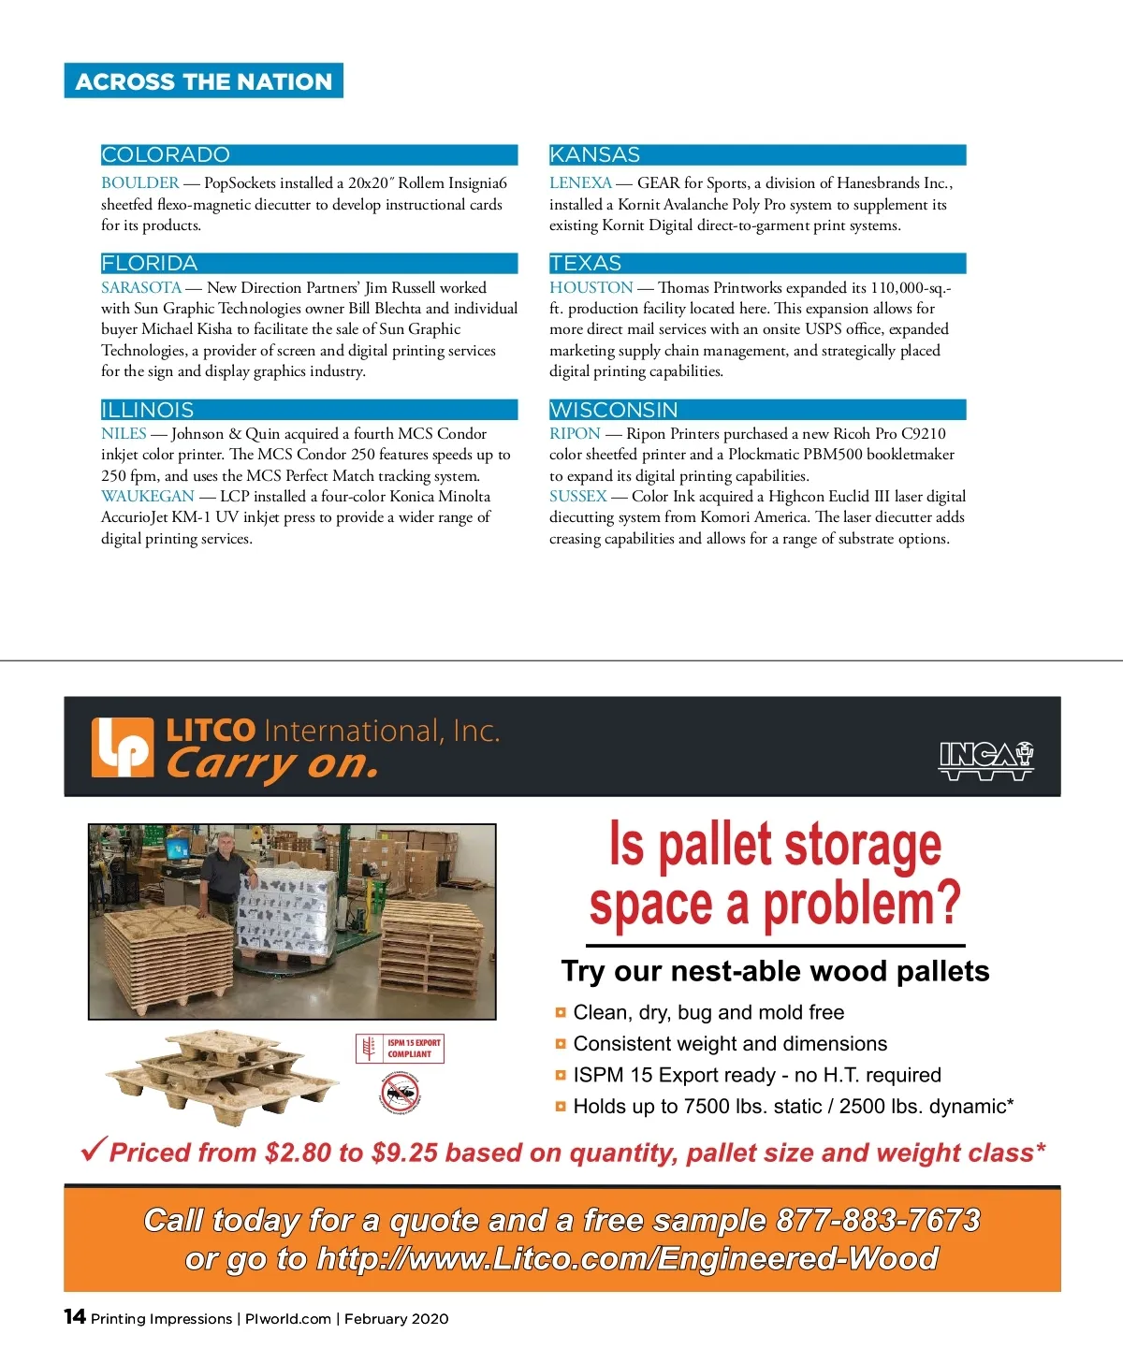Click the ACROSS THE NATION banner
coord(203,81)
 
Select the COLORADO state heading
coord(166,155)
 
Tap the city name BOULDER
coord(139,183)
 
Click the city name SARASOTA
coord(140,288)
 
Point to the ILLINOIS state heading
coord(148,410)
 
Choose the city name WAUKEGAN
coord(147,497)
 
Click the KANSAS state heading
coord(594,155)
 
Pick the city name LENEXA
coord(580,183)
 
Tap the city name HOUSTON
coord(591,288)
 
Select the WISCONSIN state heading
coord(613,410)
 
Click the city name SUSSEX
coord(577,497)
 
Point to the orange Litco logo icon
coord(122,747)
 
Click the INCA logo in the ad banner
coord(985,761)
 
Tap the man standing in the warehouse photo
coord(223,879)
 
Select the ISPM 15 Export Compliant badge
coord(401,1049)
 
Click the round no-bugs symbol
coord(401,1092)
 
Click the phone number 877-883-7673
coord(878,1220)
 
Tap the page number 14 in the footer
coord(75,1317)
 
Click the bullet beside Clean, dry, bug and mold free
coord(561,1012)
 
